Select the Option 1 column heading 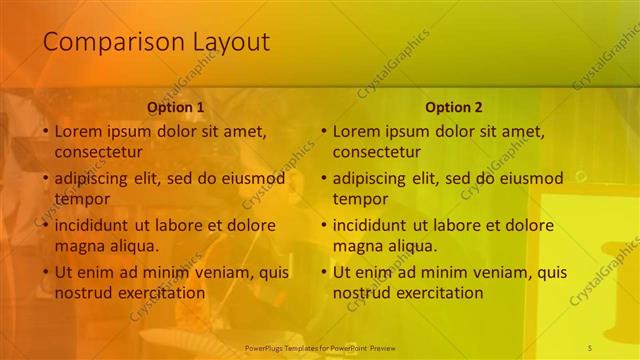point(175,107)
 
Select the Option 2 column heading point(453,107)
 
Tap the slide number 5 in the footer point(590,346)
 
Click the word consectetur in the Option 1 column point(98,153)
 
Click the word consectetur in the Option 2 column point(376,153)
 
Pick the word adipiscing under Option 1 point(94,179)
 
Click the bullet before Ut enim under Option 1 point(45,272)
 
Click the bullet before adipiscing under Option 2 point(323,179)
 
